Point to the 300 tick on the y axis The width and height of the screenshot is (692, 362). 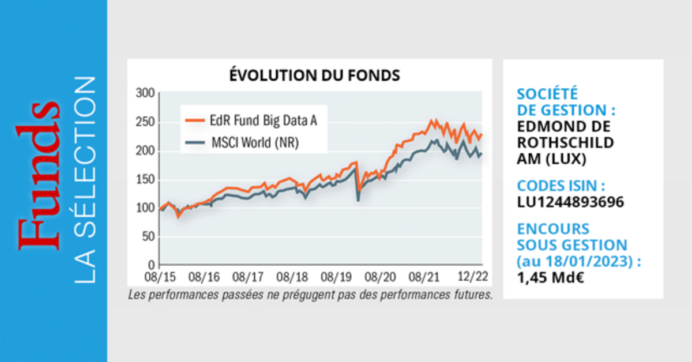click(145, 93)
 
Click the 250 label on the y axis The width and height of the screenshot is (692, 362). click(145, 122)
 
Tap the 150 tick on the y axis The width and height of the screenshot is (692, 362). click(145, 179)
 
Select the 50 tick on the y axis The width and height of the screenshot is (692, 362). click(148, 236)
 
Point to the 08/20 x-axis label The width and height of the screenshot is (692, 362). click(379, 277)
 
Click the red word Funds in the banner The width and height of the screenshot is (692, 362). click(39, 176)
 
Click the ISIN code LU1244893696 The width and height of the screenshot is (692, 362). click(570, 202)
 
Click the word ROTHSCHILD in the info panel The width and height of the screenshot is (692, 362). click(565, 142)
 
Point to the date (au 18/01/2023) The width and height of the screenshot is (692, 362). click(578, 261)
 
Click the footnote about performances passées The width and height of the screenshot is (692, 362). click(310, 296)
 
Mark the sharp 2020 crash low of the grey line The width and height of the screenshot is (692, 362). click(359, 199)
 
